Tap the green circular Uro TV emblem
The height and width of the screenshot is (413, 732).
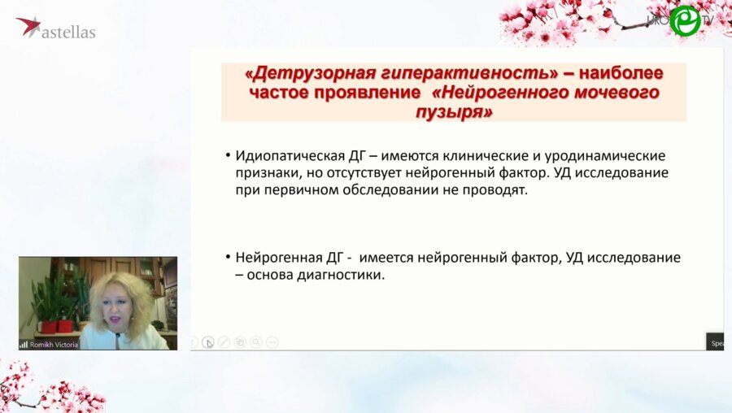click(685, 21)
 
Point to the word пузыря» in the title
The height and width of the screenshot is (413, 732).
click(454, 112)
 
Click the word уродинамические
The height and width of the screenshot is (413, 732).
click(608, 155)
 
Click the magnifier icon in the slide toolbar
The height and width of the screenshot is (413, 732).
click(256, 342)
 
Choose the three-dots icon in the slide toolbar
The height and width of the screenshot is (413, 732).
click(272, 342)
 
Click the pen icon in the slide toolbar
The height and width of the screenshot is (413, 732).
click(224, 342)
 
